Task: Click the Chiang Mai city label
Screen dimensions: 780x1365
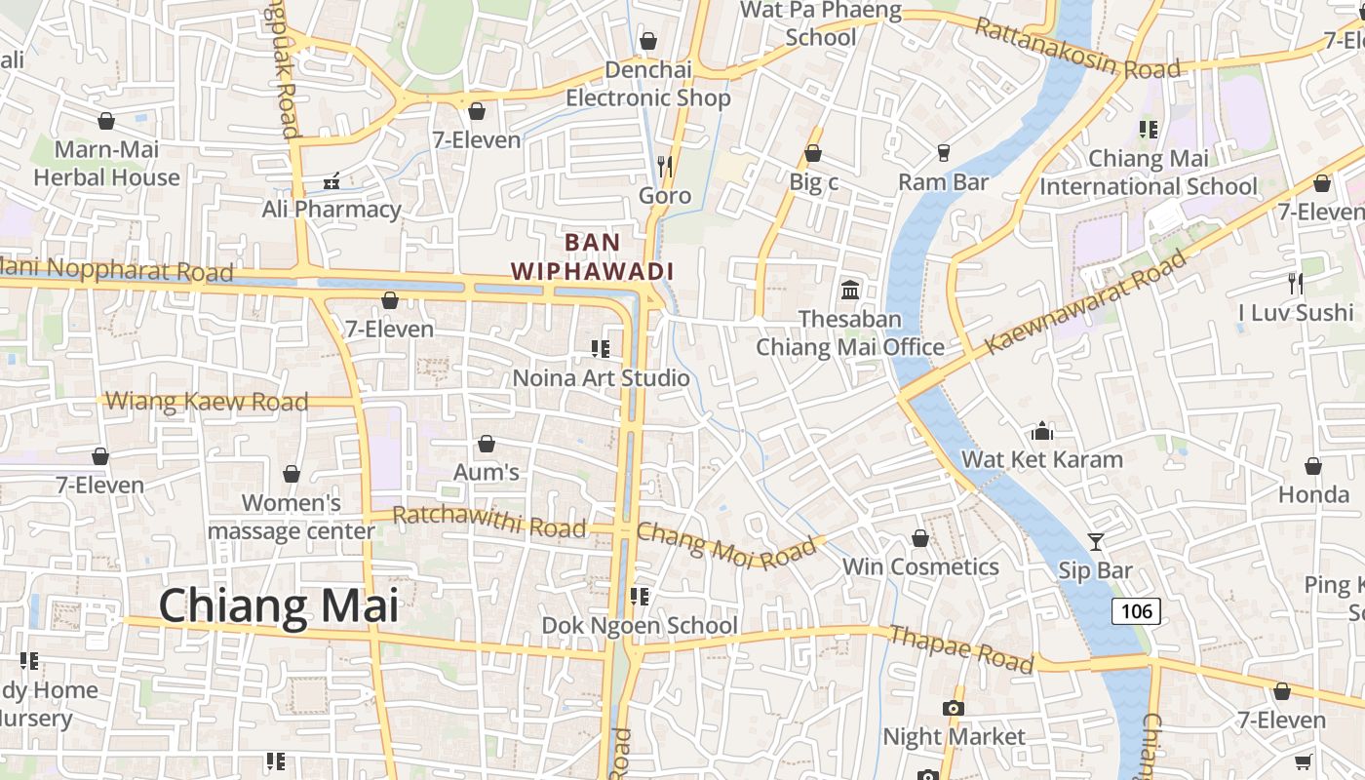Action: tap(279, 605)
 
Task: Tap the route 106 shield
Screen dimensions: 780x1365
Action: tap(1136, 611)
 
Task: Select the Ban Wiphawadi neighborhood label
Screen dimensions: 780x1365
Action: tap(593, 256)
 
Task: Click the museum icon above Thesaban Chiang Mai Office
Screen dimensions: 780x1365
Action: tap(850, 290)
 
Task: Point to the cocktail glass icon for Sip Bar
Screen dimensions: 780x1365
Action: tap(1096, 541)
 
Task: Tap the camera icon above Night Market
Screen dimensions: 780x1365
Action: tap(953, 708)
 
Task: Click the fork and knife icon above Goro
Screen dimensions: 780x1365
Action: tap(665, 167)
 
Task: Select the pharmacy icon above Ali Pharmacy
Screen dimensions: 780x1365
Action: tap(331, 181)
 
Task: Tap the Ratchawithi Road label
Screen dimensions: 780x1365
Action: tap(489, 522)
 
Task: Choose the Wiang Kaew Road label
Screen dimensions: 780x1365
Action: tap(207, 401)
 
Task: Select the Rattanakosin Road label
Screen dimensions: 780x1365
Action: tap(1076, 48)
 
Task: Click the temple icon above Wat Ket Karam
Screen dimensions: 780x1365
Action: tap(1042, 431)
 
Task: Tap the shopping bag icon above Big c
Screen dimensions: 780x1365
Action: tap(812, 153)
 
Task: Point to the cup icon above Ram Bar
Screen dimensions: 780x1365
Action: tap(943, 153)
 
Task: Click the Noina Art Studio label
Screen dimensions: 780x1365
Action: tap(602, 377)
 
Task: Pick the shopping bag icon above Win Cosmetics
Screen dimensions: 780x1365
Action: tap(919, 538)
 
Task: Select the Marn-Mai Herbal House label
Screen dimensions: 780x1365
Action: tap(106, 164)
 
